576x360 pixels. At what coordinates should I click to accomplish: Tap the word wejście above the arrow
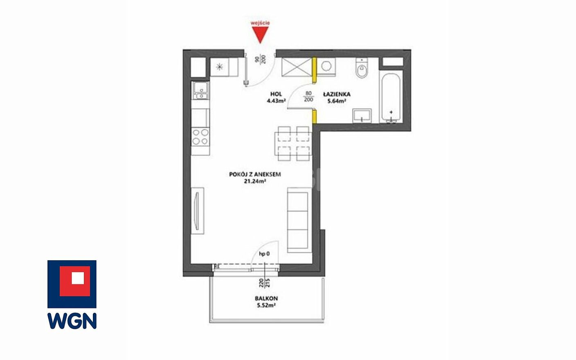pyautogui.click(x=260, y=23)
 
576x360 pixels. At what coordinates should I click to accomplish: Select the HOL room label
pyautogui.click(x=276, y=94)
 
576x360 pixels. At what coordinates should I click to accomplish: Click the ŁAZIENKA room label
pyautogui.click(x=337, y=94)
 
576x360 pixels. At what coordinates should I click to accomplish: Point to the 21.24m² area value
pyautogui.click(x=255, y=181)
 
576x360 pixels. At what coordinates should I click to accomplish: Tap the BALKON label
pyautogui.click(x=266, y=299)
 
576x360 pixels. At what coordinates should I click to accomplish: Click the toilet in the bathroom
pyautogui.click(x=362, y=68)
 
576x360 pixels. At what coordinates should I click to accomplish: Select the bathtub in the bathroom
pyautogui.click(x=391, y=98)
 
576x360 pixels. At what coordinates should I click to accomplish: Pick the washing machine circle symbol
pyautogui.click(x=326, y=66)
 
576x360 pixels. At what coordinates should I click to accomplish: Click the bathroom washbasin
pyautogui.click(x=362, y=115)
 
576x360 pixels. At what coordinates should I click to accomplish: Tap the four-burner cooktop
pyautogui.click(x=200, y=137)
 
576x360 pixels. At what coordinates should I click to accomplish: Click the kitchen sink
pyautogui.click(x=200, y=90)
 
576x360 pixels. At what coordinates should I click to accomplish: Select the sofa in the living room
pyautogui.click(x=299, y=220)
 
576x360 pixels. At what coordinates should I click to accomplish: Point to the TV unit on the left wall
pyautogui.click(x=198, y=211)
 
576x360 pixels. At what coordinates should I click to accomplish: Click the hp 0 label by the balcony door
pyautogui.click(x=264, y=254)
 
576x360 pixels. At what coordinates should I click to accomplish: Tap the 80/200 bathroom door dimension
pyautogui.click(x=308, y=96)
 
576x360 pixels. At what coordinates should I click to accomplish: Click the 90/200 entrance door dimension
pyautogui.click(x=260, y=60)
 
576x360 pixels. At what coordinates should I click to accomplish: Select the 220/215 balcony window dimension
pyautogui.click(x=264, y=283)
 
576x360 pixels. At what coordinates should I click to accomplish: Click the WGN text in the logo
pyautogui.click(x=72, y=321)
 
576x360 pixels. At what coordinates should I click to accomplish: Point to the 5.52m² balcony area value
pyautogui.click(x=266, y=306)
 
